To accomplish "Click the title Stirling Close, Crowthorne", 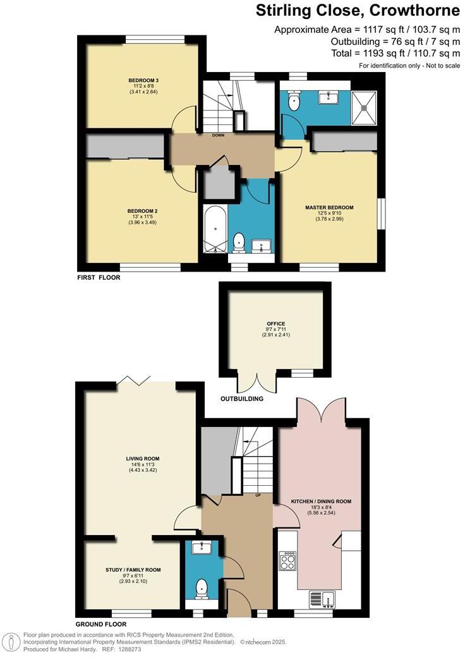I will click(357, 11).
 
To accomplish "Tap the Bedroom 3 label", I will click(143, 80).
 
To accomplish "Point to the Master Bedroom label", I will click(329, 207).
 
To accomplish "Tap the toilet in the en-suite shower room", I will click(294, 101).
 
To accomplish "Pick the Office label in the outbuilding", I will click(275, 323).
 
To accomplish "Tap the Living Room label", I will click(143, 459).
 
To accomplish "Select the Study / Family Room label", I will click(133, 569).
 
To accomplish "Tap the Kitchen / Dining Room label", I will click(321, 501).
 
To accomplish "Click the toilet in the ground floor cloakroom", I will click(202, 588).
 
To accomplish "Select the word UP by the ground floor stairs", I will click(258, 495).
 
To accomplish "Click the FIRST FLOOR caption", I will click(99, 277).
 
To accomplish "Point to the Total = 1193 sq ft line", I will click(396, 53).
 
